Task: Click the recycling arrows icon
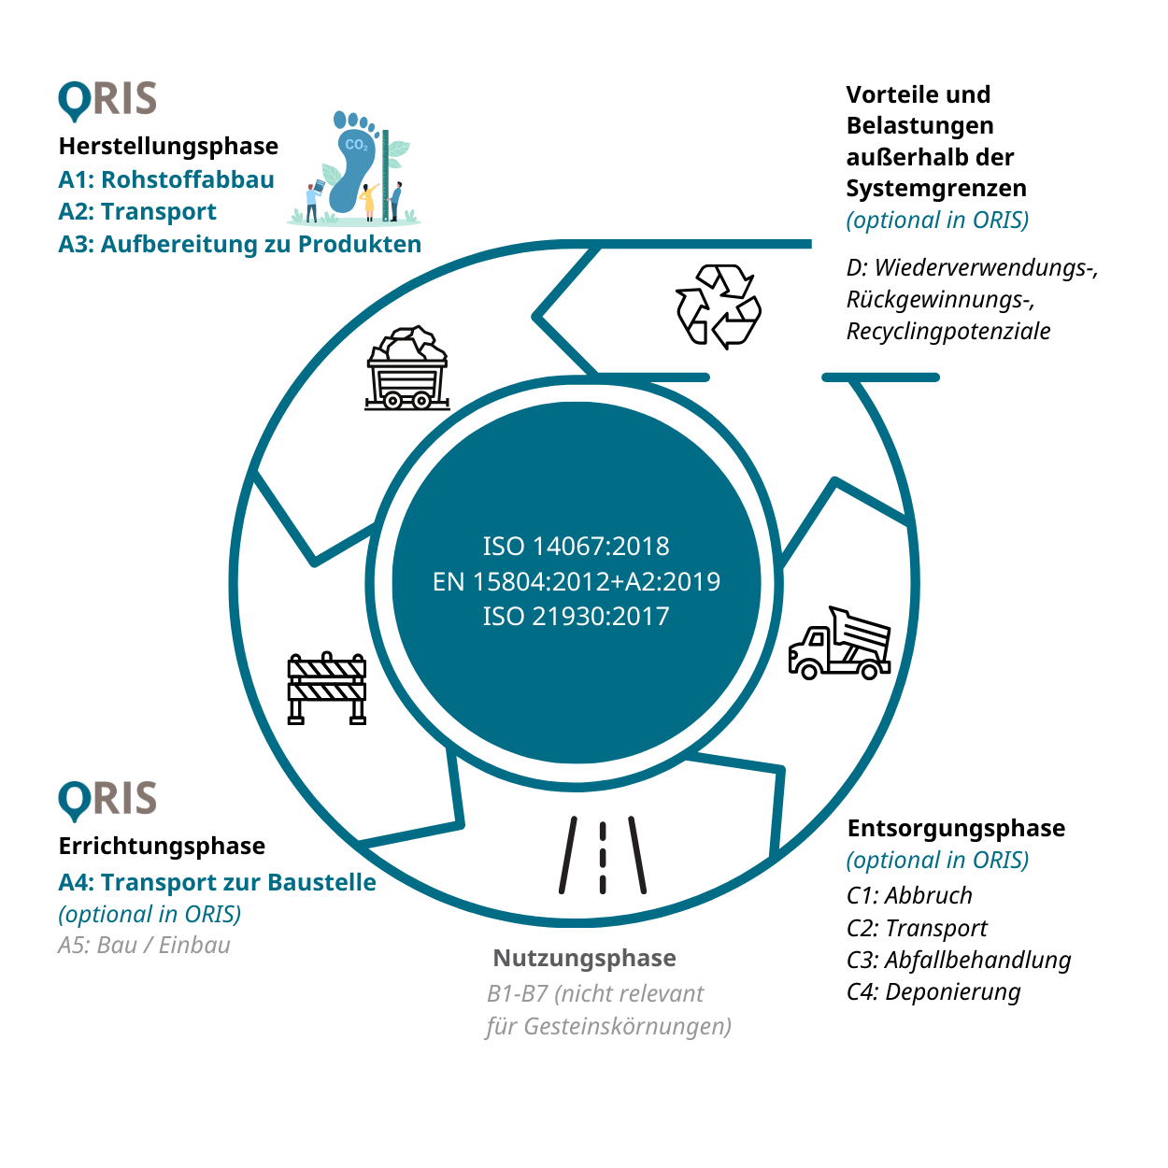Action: [719, 306]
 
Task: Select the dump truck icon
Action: [839, 644]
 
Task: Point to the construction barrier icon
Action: [327, 689]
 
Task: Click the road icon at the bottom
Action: [603, 855]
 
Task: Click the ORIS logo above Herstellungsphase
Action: [107, 100]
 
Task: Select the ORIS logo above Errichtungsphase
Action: [107, 800]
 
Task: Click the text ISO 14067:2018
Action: [576, 547]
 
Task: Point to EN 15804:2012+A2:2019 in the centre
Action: [576, 582]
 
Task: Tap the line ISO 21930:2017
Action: [576, 617]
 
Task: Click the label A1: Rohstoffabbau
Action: [166, 179]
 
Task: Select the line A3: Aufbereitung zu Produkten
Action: [239, 244]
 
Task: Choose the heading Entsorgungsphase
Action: [956, 828]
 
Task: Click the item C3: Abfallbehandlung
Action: [959, 960]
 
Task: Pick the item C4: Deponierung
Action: [933, 991]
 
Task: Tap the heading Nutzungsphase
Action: [584, 958]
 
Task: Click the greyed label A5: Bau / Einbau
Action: [144, 945]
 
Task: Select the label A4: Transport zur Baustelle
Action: [217, 882]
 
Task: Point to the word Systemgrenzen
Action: [935, 188]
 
